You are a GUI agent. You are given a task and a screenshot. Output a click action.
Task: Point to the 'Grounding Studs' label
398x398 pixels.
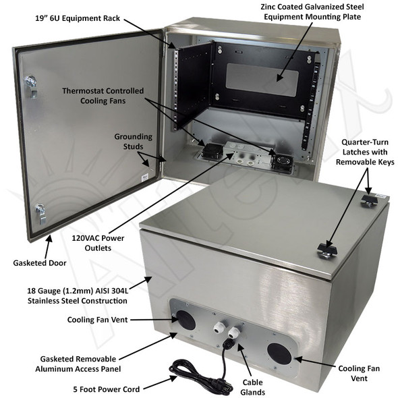point(133,141)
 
